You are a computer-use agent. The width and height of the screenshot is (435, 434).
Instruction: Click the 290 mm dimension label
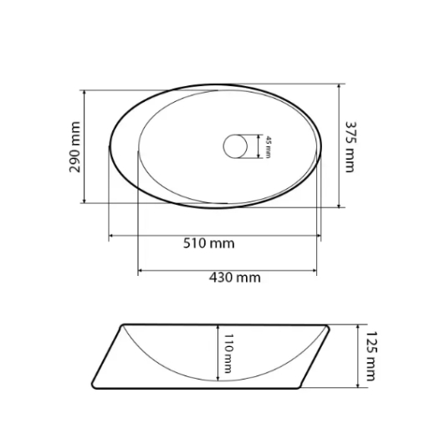(x=74, y=147)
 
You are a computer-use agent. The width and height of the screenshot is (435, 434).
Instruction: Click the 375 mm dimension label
(x=351, y=147)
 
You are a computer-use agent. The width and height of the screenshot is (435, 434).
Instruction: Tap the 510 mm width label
(x=209, y=243)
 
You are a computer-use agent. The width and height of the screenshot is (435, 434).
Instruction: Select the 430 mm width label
(x=235, y=278)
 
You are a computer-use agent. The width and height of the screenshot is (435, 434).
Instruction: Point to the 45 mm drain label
(x=268, y=147)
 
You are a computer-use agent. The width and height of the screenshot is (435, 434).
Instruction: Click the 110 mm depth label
(x=228, y=354)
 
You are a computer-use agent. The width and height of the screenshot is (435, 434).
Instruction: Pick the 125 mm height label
(x=371, y=356)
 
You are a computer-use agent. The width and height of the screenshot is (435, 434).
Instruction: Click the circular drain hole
(x=235, y=146)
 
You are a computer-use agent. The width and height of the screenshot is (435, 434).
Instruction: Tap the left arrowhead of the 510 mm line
(x=110, y=236)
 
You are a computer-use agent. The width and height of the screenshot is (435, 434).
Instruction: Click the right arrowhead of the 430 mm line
(x=315, y=270)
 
